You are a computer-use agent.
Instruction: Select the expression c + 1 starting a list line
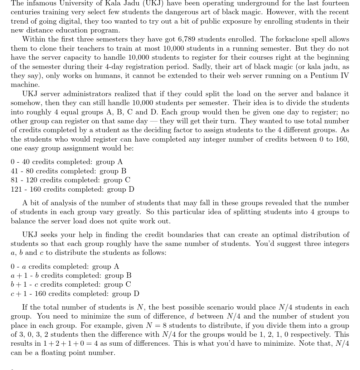click(x=19, y=294)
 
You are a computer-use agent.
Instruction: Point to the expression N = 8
click(x=155, y=326)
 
